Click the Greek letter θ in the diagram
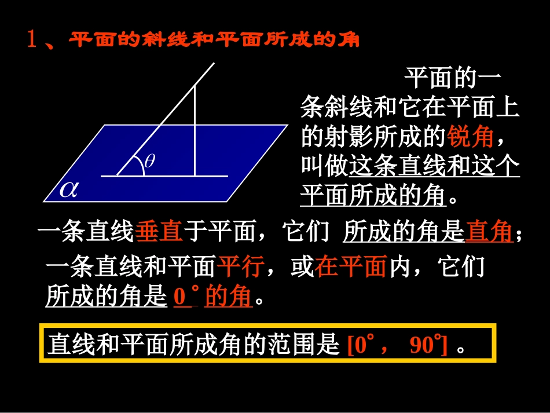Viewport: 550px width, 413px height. (x=149, y=162)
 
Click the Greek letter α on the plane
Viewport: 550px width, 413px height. (x=69, y=189)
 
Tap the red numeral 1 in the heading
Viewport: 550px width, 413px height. (x=33, y=40)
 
